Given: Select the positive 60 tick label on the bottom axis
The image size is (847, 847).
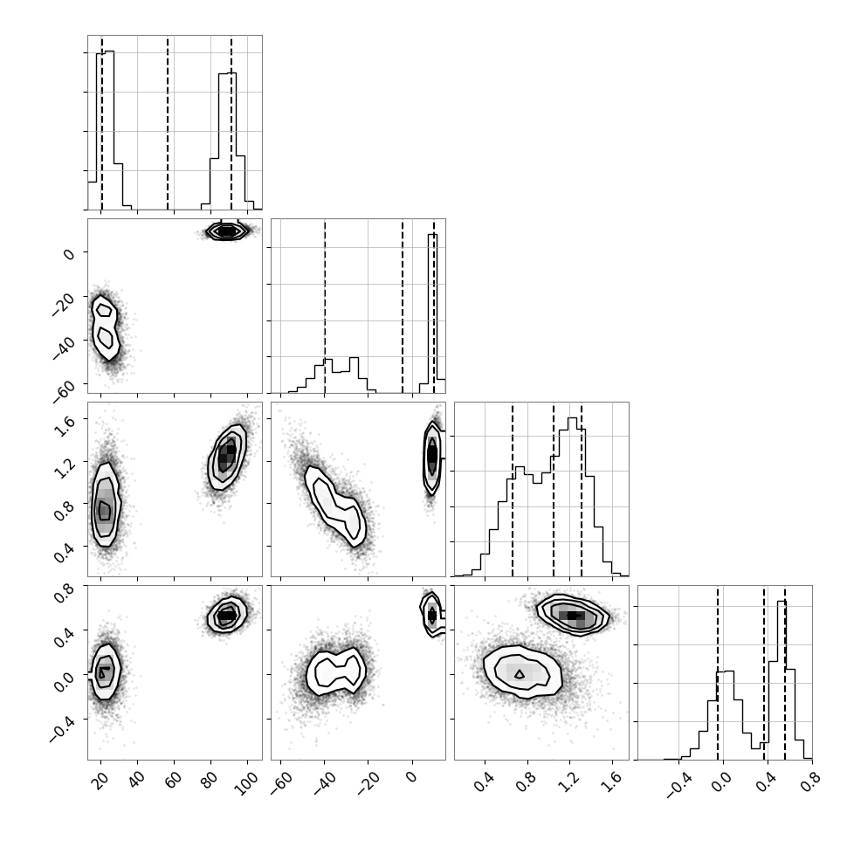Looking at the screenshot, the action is (x=174, y=780).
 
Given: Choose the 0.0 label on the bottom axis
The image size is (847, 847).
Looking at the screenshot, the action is (x=721, y=781).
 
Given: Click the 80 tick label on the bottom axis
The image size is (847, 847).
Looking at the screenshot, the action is (x=210, y=780).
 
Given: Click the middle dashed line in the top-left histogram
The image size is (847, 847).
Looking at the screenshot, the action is (x=168, y=122).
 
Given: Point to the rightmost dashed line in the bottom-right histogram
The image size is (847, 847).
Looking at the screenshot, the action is (x=784, y=672).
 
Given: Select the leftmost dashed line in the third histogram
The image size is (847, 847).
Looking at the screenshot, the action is (x=512, y=489).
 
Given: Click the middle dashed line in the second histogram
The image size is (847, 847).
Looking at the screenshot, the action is (x=403, y=306).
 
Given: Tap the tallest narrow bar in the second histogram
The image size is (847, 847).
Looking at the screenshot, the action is (x=433, y=313).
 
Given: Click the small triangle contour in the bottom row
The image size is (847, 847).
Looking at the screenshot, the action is (x=520, y=673).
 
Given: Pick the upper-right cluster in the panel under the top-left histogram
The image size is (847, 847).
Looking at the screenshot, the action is (x=227, y=231).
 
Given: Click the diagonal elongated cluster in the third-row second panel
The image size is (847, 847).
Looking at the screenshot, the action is (x=335, y=506).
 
